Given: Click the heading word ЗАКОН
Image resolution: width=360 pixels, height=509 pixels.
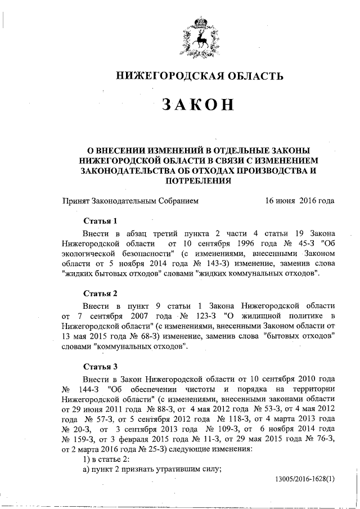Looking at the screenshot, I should [196, 105].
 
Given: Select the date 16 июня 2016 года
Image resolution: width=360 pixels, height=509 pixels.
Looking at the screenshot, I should [299, 201].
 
